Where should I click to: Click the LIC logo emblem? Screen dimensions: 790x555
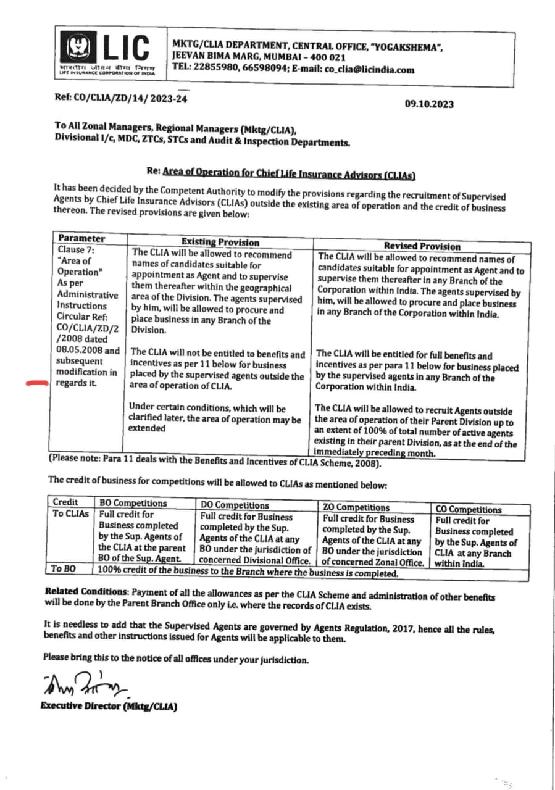pyautogui.click(x=78, y=48)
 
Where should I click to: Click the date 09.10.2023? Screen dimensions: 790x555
pyautogui.click(x=429, y=104)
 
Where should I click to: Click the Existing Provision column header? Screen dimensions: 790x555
pyautogui.click(x=220, y=243)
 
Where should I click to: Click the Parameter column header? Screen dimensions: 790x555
pyautogui.click(x=81, y=238)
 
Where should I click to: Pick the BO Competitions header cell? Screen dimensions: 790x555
pyautogui.click(x=133, y=503)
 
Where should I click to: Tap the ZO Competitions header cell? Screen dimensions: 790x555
pyautogui.click(x=357, y=507)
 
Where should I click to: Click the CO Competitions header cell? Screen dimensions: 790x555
pyautogui.click(x=469, y=509)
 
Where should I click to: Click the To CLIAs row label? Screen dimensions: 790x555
pyautogui.click(x=70, y=514)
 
